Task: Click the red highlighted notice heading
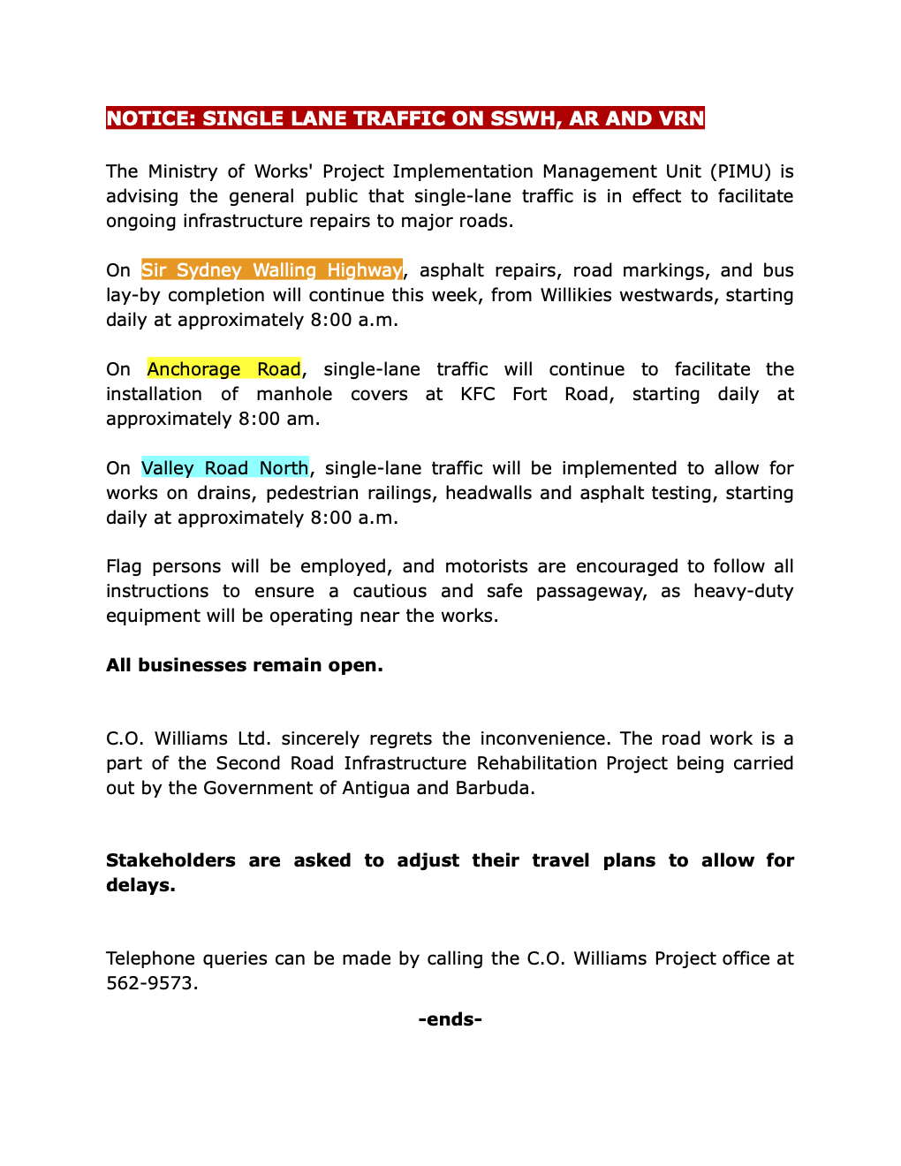[405, 118]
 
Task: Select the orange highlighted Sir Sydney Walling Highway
[271, 270]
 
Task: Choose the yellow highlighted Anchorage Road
[223, 369]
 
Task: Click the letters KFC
[478, 394]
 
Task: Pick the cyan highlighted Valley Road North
[224, 468]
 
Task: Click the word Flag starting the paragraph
[124, 566]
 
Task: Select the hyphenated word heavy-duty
[743, 591]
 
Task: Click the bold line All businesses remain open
[245, 665]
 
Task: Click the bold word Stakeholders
[170, 860]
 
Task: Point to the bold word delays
[140, 885]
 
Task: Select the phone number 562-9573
[151, 983]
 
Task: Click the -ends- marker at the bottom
[450, 1019]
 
